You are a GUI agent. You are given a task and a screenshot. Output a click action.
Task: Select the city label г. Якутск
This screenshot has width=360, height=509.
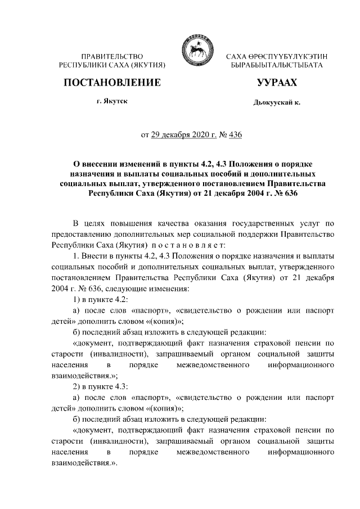point(112,102)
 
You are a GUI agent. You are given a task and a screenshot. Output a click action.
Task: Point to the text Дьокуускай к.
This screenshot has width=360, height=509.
point(277,103)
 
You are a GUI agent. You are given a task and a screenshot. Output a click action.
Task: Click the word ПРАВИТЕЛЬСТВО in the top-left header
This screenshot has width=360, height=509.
point(112,57)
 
